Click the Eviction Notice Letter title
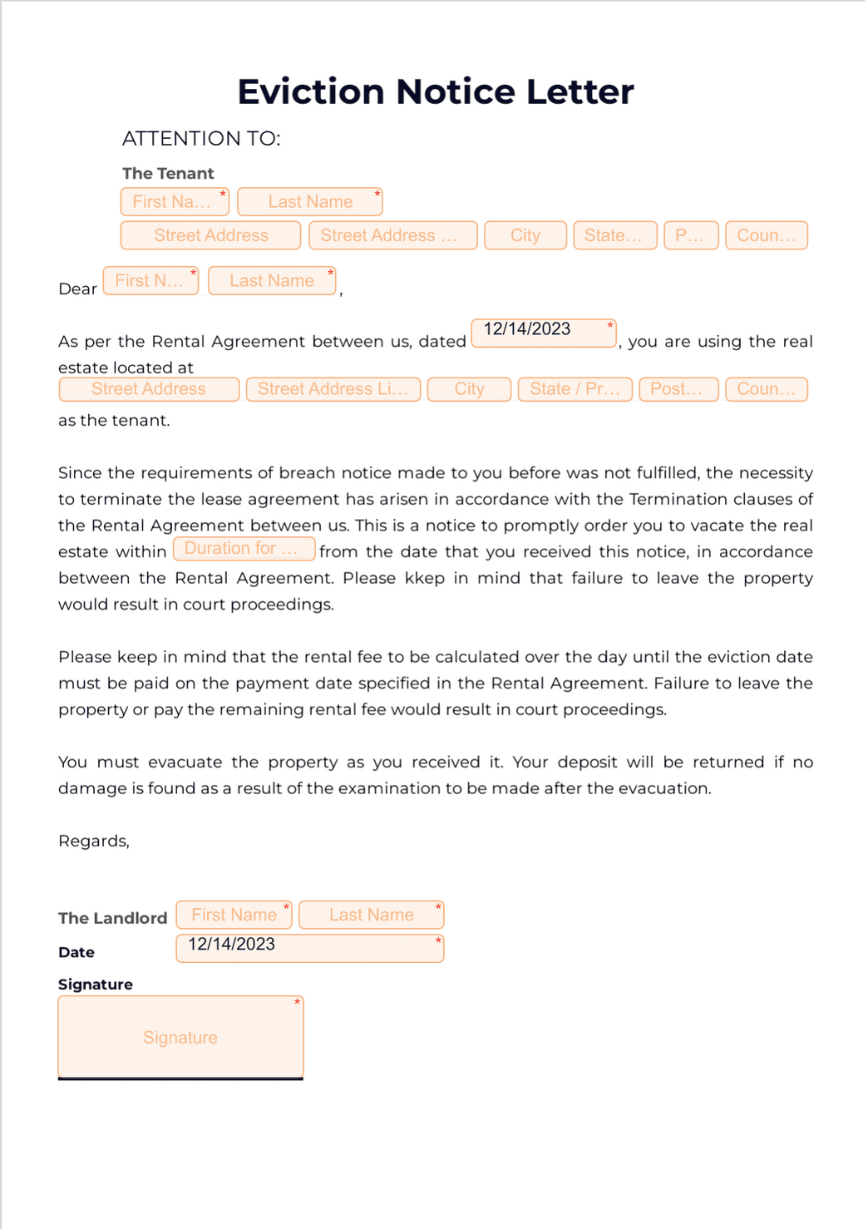pyautogui.click(x=435, y=91)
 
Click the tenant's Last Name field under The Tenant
pyautogui.click(x=309, y=202)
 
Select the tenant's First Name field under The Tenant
pyautogui.click(x=174, y=202)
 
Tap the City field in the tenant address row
pyautogui.click(x=525, y=235)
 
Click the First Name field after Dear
pyautogui.click(x=150, y=281)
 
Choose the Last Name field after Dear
pyautogui.click(x=271, y=281)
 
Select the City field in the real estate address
pyautogui.click(x=469, y=389)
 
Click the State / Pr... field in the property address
pyautogui.click(x=575, y=389)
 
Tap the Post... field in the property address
pyautogui.click(x=678, y=389)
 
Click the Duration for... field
pyautogui.click(x=244, y=549)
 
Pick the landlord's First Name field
pyautogui.click(x=234, y=915)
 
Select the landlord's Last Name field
pyautogui.click(x=371, y=915)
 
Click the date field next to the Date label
pyautogui.click(x=309, y=948)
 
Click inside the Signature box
pyautogui.click(x=180, y=1037)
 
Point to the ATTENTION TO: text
pyautogui.click(x=201, y=139)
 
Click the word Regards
pyautogui.click(x=93, y=841)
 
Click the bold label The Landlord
pyautogui.click(x=112, y=918)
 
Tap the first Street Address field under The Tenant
pyautogui.click(x=210, y=235)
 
